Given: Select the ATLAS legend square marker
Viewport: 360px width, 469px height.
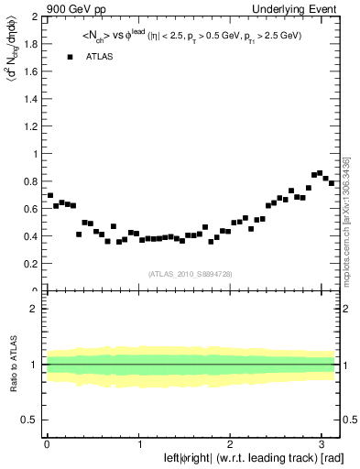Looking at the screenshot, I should click(x=70, y=57).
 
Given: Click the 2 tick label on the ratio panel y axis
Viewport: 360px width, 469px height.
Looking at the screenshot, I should click(x=34, y=309).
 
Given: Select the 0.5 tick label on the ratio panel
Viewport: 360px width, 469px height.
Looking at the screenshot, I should click(x=29, y=420).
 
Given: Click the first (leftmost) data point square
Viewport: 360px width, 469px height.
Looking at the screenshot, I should click(x=50, y=195).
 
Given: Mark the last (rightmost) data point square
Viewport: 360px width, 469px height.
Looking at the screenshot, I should click(x=332, y=183).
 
